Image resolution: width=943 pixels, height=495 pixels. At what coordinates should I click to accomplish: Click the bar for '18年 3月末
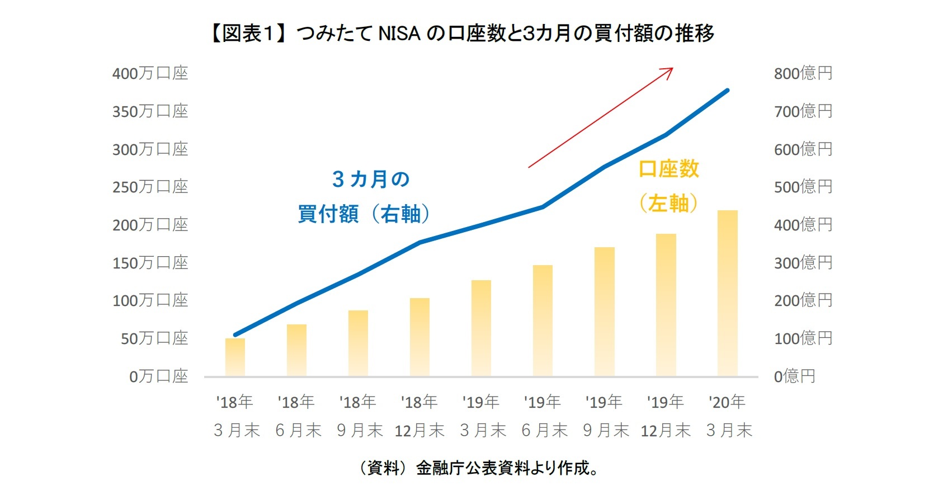[x=235, y=357]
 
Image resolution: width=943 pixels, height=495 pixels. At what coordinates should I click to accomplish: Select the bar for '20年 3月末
[x=727, y=293]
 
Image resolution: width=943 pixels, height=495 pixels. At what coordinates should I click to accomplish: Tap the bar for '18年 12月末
[x=419, y=337]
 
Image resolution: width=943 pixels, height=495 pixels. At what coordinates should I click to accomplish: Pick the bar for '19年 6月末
[x=543, y=320]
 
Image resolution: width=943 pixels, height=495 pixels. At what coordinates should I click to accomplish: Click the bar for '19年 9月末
[x=604, y=312]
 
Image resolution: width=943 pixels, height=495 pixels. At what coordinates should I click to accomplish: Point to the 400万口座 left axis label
[x=150, y=73]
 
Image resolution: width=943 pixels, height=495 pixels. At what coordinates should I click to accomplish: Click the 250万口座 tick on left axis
[x=150, y=187]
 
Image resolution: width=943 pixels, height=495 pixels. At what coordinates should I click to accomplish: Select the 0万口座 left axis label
[x=158, y=376]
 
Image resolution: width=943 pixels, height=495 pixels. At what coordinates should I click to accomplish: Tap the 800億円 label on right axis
[x=803, y=73]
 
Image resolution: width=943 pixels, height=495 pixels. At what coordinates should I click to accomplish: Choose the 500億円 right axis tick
[x=803, y=187]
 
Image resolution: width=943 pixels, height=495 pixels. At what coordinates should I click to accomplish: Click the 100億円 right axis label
[x=803, y=338]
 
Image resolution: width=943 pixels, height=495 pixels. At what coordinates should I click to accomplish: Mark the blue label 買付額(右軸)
[x=364, y=214]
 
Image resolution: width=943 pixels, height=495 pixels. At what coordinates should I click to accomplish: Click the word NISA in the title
[x=399, y=34]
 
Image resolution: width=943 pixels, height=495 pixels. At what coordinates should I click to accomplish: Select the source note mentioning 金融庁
[x=478, y=468]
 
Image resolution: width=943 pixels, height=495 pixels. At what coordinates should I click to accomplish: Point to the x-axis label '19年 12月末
[x=666, y=416]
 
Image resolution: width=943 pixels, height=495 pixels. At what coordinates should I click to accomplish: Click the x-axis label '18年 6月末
[x=297, y=416]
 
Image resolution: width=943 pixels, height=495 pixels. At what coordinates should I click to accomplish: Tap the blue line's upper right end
[x=727, y=90]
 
